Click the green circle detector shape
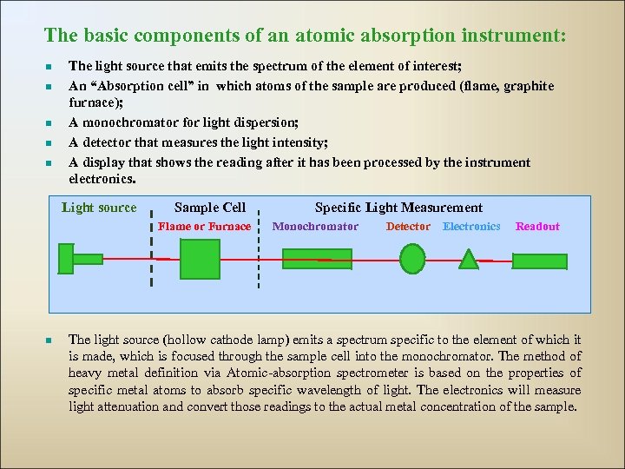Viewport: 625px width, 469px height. (x=412, y=258)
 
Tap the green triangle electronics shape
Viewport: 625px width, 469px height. (x=469, y=260)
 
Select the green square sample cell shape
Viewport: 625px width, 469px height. (x=200, y=259)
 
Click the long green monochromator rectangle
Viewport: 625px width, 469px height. (x=317, y=259)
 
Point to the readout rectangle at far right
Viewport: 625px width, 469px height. (x=539, y=260)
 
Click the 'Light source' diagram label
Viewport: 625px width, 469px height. (x=99, y=208)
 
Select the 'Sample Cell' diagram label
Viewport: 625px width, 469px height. (x=210, y=208)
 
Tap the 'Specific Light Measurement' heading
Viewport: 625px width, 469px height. (x=398, y=208)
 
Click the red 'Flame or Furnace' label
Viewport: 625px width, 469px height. (x=205, y=227)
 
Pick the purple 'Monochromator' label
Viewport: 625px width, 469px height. (x=315, y=227)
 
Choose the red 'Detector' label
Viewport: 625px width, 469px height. (x=408, y=227)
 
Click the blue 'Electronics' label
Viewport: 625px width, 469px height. (x=471, y=227)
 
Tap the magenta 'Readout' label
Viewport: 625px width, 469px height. (x=537, y=227)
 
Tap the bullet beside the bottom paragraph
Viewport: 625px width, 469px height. (x=50, y=340)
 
